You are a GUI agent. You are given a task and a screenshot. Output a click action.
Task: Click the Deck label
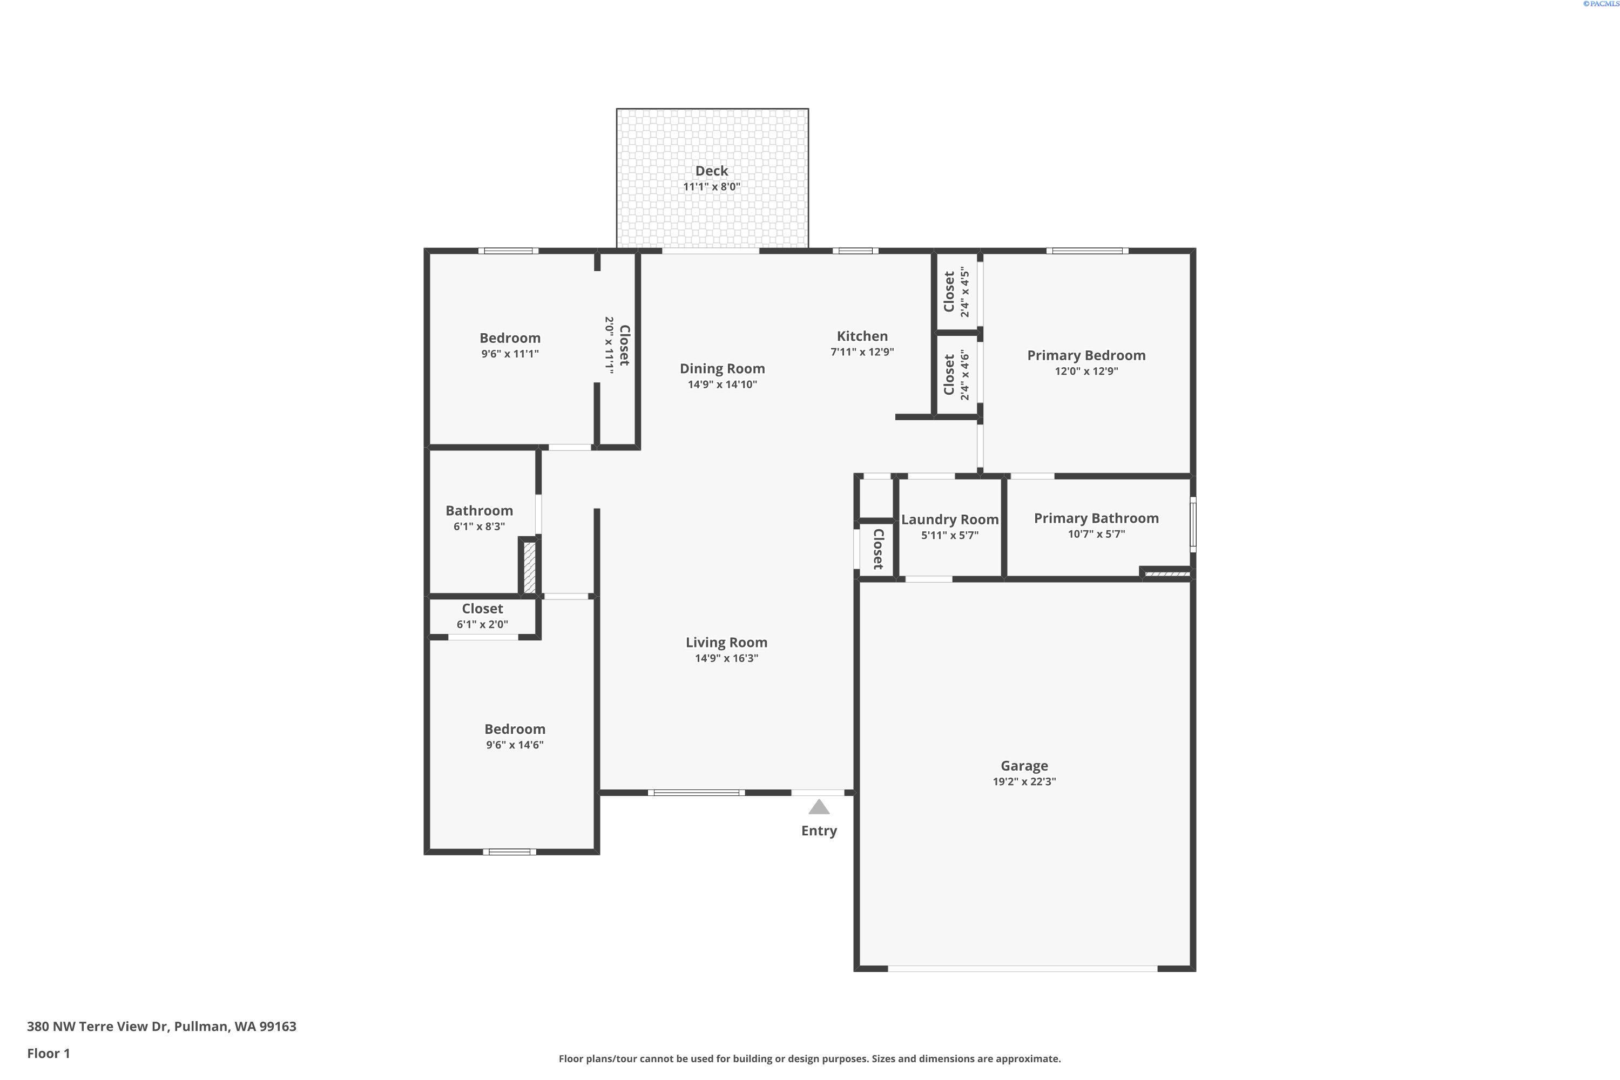click(712, 171)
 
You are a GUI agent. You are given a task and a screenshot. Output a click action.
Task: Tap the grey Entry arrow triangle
click(818, 807)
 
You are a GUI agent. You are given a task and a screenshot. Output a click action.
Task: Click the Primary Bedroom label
click(1085, 355)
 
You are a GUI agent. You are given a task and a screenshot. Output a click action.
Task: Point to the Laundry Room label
click(949, 520)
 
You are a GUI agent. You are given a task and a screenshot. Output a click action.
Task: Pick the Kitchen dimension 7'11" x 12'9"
click(862, 352)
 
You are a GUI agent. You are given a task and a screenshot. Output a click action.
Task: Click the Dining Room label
click(722, 368)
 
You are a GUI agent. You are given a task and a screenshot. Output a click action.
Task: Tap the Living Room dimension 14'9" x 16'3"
click(726, 658)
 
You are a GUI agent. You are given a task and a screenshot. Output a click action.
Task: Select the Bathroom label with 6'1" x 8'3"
click(478, 511)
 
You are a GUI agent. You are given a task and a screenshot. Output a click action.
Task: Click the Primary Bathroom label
click(1096, 518)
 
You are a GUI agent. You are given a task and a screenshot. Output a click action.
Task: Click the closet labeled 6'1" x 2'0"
click(482, 609)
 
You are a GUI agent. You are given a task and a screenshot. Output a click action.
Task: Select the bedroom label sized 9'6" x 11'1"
click(510, 338)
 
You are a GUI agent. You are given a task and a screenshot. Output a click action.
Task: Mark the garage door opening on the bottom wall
click(1022, 968)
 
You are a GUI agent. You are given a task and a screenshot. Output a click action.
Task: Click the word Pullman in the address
click(200, 1027)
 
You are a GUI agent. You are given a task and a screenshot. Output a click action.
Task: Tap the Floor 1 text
click(48, 1053)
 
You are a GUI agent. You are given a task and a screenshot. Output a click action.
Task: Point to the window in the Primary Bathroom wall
click(1193, 524)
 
